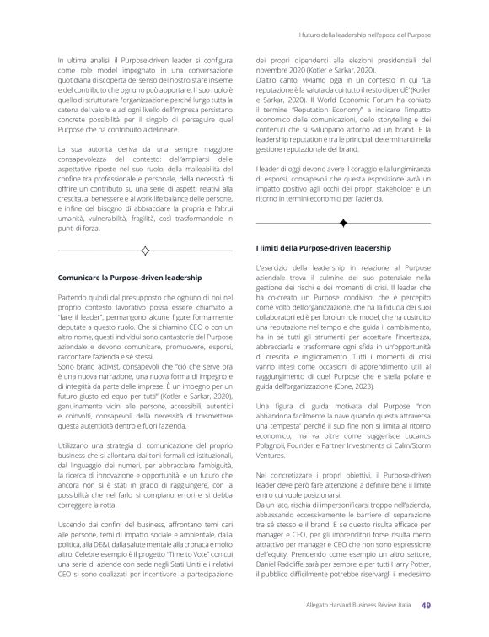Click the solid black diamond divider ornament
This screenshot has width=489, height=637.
tap(344, 222)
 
